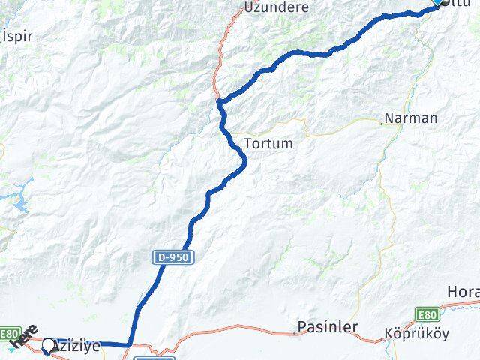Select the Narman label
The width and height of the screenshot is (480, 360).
(x=410, y=118)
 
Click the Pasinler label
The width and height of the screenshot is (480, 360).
(x=327, y=327)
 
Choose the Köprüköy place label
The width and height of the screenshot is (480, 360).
(x=412, y=332)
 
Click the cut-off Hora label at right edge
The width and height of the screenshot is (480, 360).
(x=463, y=291)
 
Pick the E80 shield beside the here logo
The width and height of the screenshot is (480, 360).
(x=8, y=333)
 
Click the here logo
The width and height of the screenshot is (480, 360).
(x=24, y=338)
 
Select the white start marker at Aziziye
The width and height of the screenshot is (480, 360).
(x=49, y=346)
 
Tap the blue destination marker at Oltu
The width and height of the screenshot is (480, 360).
(x=438, y=2)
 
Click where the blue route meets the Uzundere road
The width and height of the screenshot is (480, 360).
(x=218, y=100)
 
